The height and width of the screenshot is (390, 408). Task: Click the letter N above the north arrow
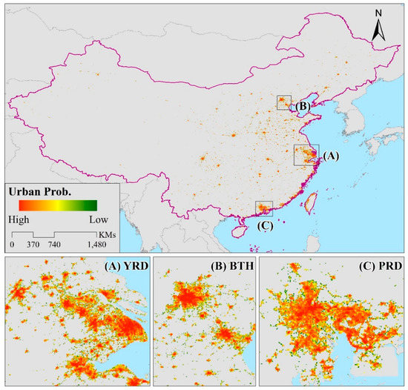click(378, 13)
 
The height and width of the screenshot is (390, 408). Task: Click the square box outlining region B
click(284, 102)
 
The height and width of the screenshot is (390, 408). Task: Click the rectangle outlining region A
click(306, 155)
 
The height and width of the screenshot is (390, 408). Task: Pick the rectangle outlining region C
click(263, 208)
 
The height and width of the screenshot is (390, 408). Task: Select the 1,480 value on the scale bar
click(96, 244)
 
